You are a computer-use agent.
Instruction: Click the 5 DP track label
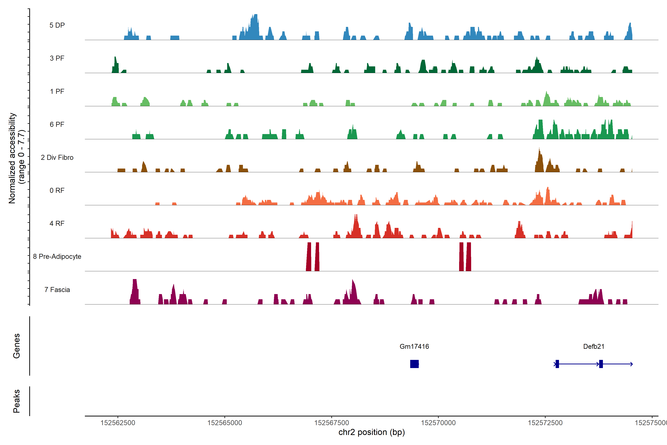(57, 25)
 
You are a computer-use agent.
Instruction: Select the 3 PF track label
(57, 58)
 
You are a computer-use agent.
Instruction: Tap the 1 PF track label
(57, 91)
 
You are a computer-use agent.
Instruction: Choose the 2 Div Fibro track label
(57, 157)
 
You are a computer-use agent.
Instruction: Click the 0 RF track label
(57, 190)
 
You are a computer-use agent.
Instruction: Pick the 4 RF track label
(57, 223)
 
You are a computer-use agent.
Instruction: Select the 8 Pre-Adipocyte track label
(57, 257)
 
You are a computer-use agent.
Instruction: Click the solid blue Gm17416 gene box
(414, 364)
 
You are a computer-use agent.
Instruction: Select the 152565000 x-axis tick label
(225, 423)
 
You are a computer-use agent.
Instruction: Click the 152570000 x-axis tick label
(438, 423)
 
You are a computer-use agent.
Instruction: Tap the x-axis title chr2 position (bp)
(371, 432)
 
